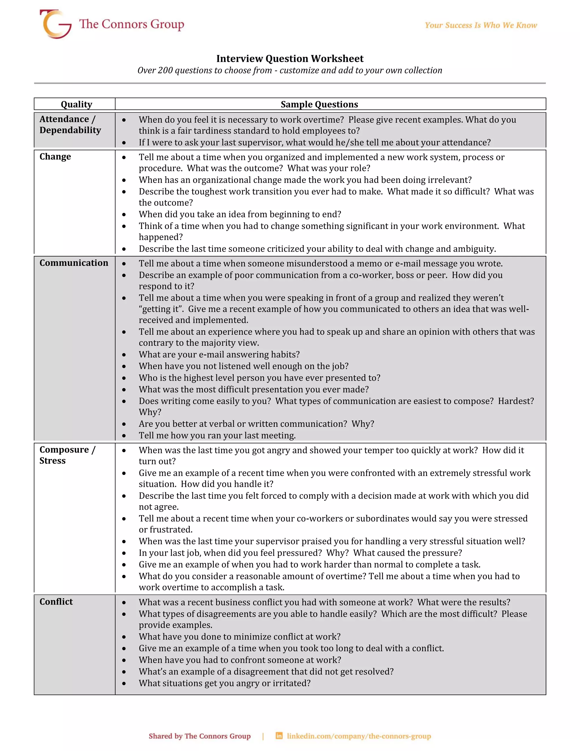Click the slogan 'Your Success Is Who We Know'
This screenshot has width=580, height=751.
(481, 25)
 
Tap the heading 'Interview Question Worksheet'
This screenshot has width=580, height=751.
(290, 58)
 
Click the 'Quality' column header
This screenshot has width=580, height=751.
(76, 104)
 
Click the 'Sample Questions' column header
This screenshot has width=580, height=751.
(319, 104)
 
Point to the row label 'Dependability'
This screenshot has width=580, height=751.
(70, 130)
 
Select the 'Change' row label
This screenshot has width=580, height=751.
(55, 156)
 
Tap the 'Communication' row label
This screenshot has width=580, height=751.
(74, 263)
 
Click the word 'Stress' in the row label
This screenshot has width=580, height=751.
(52, 461)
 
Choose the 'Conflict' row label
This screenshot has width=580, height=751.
(56, 601)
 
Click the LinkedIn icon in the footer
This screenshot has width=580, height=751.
(279, 736)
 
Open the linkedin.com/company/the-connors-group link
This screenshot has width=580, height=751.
(359, 736)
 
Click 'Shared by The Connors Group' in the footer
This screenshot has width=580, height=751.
(200, 736)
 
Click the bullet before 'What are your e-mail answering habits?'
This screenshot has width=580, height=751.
(124, 355)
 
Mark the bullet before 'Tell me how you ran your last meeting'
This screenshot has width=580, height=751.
(124, 436)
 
